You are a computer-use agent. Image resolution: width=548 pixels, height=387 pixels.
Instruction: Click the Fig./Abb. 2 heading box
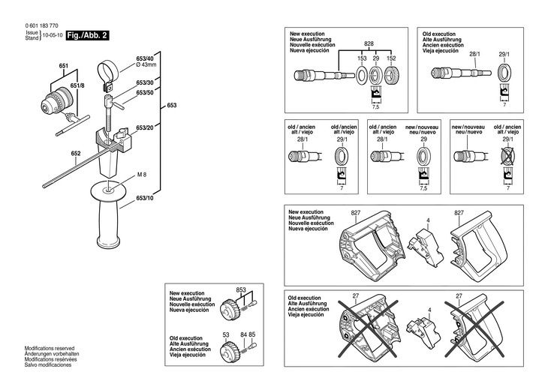coord(89,35)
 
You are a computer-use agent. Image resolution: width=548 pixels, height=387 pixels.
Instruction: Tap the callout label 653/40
coord(144,58)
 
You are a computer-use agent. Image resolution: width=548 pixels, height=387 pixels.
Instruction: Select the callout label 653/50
coord(145,92)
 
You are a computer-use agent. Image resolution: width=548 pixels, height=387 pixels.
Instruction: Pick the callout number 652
coord(76,154)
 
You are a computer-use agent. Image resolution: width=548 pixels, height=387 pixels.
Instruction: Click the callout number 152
coord(390,57)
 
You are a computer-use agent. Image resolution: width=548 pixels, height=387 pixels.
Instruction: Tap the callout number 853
coord(241,289)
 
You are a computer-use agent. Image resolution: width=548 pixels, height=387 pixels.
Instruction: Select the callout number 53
coord(225,334)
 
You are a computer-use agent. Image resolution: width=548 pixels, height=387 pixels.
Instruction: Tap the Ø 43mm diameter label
coord(146,64)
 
